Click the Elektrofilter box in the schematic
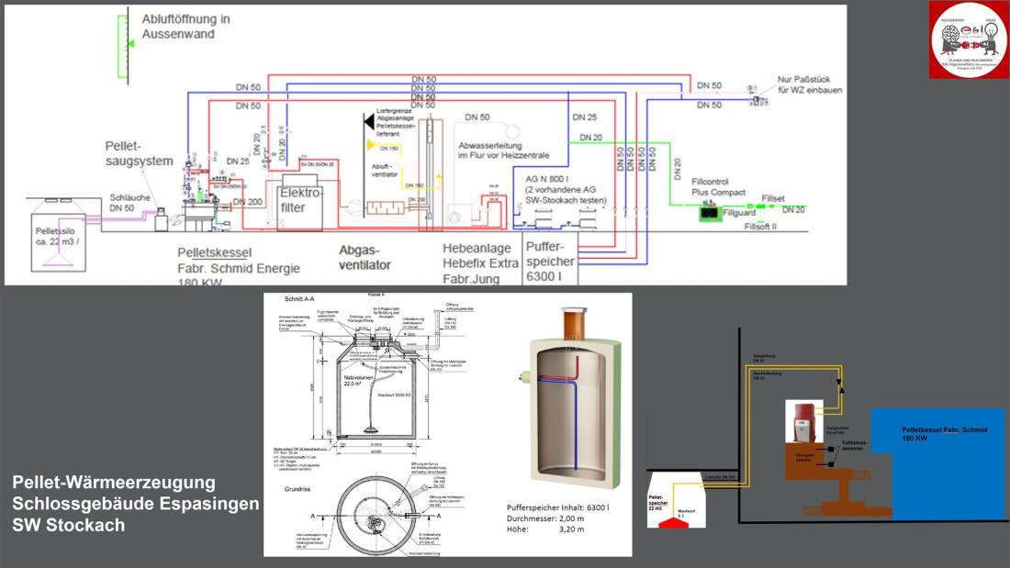(302, 201)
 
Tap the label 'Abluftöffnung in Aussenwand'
(185, 26)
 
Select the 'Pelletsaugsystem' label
(139, 153)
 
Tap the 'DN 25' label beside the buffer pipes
(584, 117)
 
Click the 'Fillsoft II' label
(760, 226)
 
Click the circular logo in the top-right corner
(969, 40)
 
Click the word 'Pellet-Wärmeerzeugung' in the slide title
(114, 482)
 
